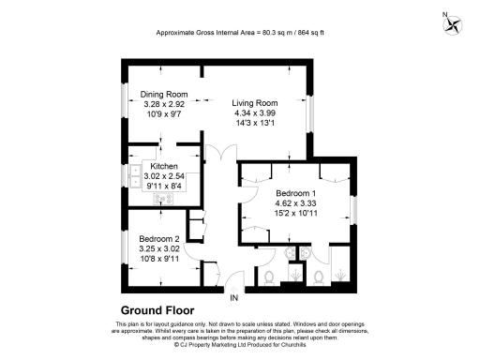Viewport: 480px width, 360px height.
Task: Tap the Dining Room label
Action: (x=165, y=95)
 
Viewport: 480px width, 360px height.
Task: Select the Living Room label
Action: (x=256, y=102)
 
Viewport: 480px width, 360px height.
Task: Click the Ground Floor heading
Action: (x=157, y=309)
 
